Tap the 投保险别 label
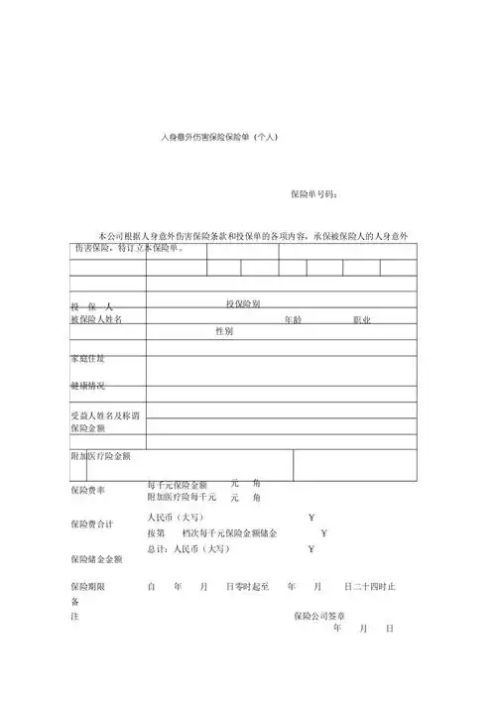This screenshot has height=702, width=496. point(243,302)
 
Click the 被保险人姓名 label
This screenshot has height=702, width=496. point(96,320)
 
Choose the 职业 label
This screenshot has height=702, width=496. point(361,320)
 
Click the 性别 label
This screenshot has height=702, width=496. point(224,331)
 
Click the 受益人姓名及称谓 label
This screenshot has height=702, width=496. point(103,414)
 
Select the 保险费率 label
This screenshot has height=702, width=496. point(87,490)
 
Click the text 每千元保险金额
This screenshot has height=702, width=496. point(178,484)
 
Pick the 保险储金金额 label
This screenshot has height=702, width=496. point(96,558)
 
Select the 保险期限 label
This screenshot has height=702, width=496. point(87,587)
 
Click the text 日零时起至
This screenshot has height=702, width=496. point(248,587)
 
